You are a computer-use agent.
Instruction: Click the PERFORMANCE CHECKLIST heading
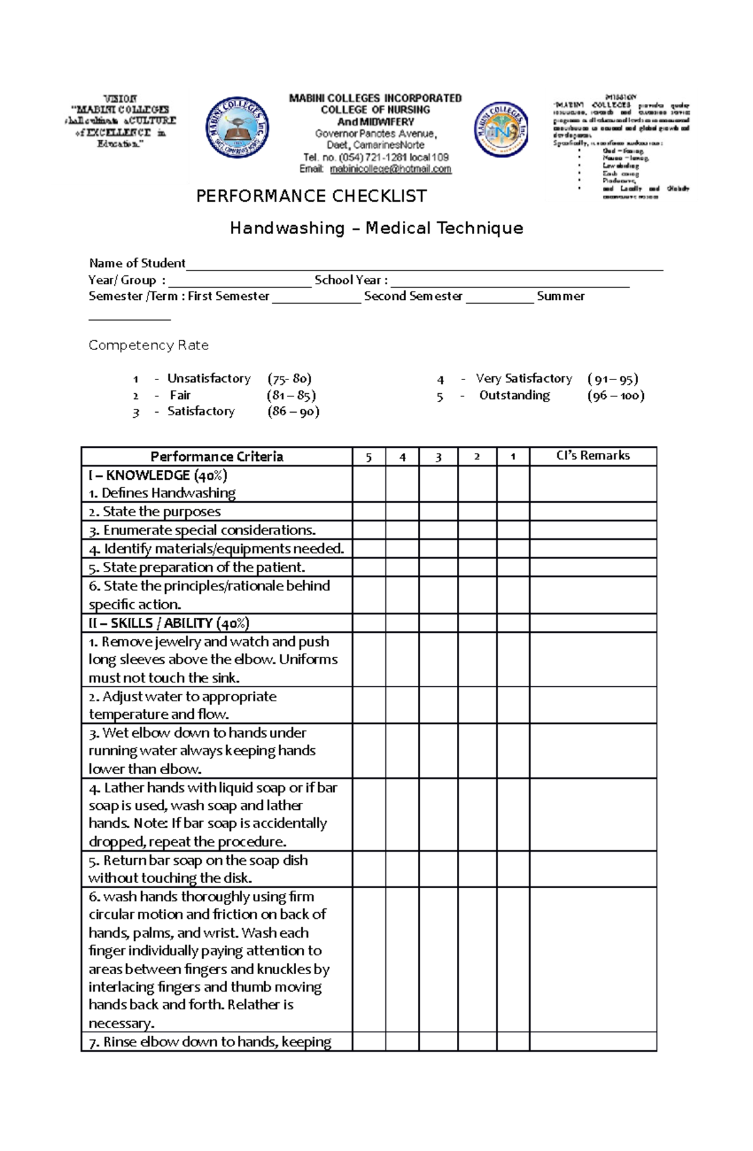click(311, 196)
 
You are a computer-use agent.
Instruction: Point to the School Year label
click(350, 280)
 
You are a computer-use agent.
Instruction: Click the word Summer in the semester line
click(560, 296)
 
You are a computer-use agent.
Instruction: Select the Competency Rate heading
click(148, 345)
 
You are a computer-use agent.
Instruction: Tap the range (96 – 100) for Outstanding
click(616, 395)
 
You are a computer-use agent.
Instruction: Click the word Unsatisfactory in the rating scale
click(208, 378)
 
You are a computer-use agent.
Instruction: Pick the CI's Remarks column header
click(592, 456)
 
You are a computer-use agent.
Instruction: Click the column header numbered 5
click(368, 457)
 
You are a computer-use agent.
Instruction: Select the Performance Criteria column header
click(216, 457)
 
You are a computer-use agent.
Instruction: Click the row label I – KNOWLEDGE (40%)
click(158, 475)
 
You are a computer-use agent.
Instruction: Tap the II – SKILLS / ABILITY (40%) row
click(169, 623)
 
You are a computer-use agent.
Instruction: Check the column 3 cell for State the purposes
click(438, 511)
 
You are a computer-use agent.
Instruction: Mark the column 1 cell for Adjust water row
click(513, 705)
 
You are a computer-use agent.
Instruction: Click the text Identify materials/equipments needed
click(216, 549)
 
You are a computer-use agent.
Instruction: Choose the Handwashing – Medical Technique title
click(376, 228)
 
